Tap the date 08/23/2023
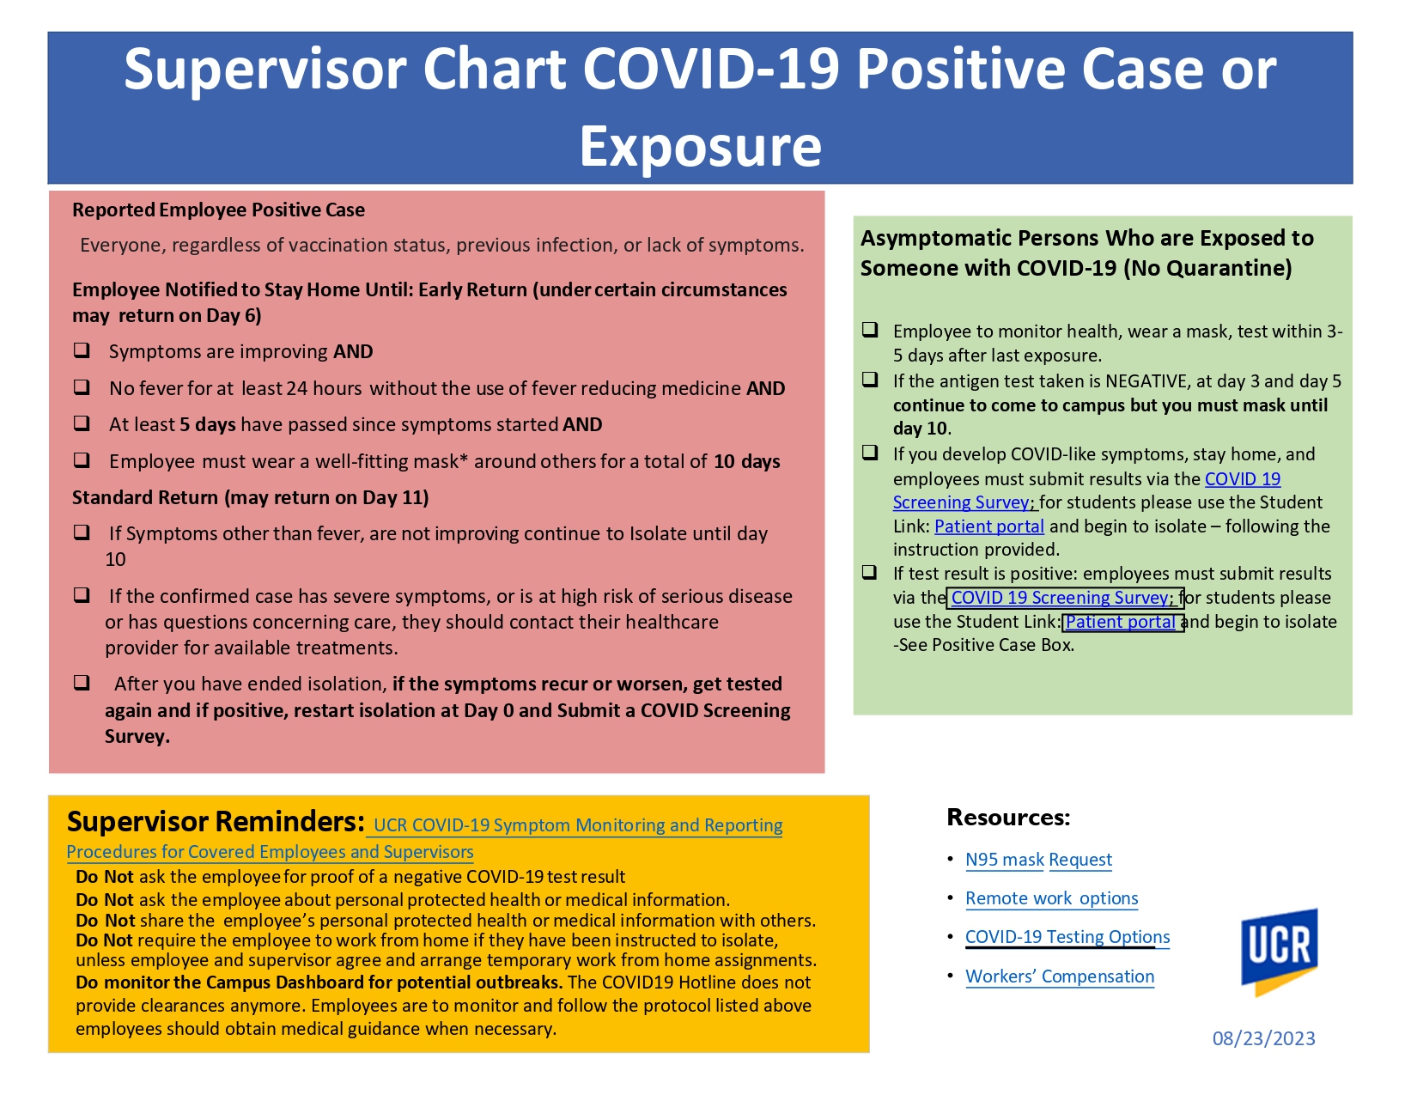tap(1263, 1038)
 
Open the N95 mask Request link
tap(1038, 860)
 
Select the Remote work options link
tap(1051, 898)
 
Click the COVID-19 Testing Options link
tap(1067, 936)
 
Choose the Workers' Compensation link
tap(1060, 976)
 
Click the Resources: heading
tap(1008, 818)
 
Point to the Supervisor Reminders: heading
tap(216, 821)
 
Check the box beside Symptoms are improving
tap(82, 351)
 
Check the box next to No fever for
tap(82, 387)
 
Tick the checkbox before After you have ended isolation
tap(82, 683)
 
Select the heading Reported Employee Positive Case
tap(218, 210)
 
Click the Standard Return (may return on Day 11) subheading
tap(251, 497)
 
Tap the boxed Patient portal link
tap(1123, 622)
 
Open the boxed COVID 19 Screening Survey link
tap(1065, 598)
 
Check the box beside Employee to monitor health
tap(870, 330)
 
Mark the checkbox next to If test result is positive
tap(869, 573)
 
